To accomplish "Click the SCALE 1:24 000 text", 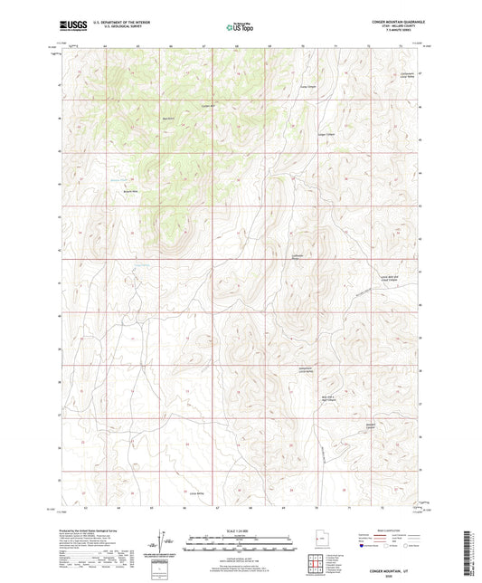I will pyautogui.click(x=240, y=530).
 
